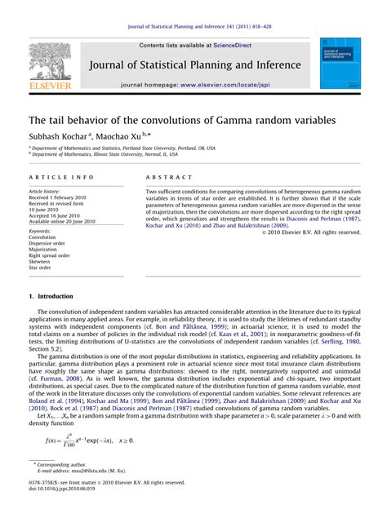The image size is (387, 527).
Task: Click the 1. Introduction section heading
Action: pyautogui.click(x=55, y=296)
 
